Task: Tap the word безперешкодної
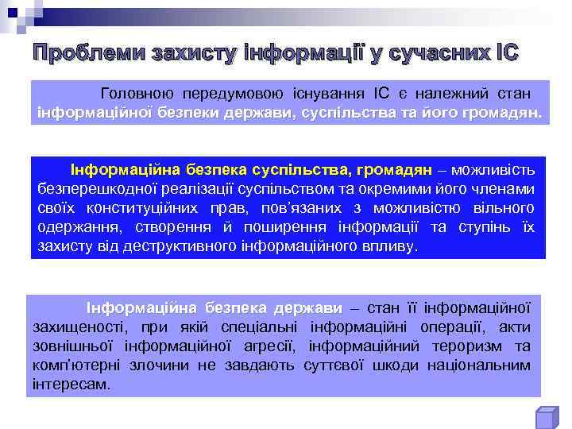[x=93, y=189]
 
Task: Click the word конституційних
[x=167, y=208]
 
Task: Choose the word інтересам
[x=69, y=385]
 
